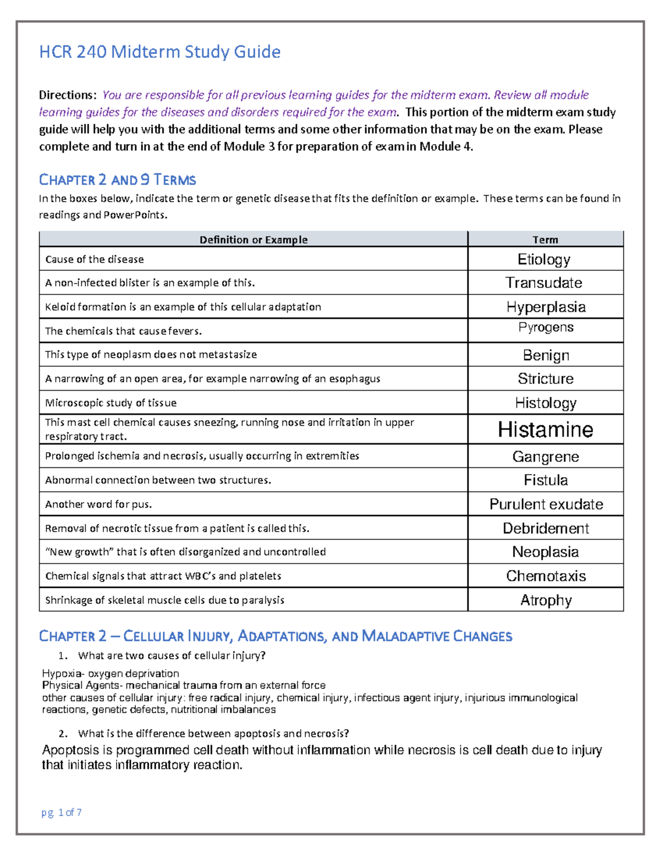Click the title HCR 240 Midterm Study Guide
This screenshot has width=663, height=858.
coord(160,52)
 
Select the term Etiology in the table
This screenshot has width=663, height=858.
coord(544,259)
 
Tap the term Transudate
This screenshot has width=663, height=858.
coord(544,283)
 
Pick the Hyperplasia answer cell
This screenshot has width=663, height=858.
coord(545,307)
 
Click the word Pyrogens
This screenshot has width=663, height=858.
coord(545,327)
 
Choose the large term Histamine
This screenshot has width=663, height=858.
coord(545,430)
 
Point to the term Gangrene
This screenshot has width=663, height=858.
coord(545,456)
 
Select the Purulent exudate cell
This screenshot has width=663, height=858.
coord(545,504)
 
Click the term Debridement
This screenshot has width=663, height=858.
coord(545,528)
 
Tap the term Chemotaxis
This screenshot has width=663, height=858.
coord(545,576)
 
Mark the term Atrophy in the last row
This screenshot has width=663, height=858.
coord(545,600)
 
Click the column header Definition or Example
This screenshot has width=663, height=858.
coord(253,240)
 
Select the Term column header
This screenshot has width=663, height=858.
coord(545,240)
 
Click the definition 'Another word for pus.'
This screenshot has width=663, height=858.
coord(98,504)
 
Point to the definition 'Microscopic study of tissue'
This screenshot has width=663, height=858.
coord(110,403)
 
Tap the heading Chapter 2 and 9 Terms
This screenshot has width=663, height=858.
coord(117,180)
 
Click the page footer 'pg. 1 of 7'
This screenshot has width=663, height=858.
coord(61,812)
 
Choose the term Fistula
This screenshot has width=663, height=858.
coord(545,480)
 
